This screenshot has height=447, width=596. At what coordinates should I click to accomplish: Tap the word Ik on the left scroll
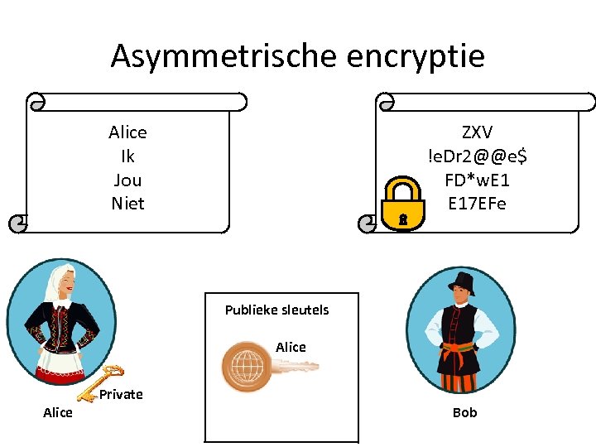click(x=127, y=156)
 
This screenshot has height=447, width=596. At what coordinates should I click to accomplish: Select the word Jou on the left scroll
click(x=127, y=180)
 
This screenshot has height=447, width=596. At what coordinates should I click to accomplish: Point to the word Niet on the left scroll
click(x=127, y=204)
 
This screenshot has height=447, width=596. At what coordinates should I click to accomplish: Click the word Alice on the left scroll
click(x=127, y=132)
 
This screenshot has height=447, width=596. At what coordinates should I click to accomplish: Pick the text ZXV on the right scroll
click(x=477, y=132)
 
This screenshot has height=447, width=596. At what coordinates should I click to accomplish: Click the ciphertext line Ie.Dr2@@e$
click(x=477, y=156)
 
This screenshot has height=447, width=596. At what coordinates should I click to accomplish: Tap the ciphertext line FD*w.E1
click(x=477, y=180)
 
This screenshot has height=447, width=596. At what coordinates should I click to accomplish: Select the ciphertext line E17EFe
click(x=477, y=204)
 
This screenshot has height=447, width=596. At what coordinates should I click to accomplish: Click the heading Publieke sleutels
click(x=276, y=310)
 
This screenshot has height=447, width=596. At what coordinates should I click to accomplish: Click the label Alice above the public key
click(x=291, y=348)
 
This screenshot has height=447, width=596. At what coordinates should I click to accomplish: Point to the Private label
click(x=121, y=395)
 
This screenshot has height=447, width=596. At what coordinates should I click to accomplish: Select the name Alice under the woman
click(x=58, y=412)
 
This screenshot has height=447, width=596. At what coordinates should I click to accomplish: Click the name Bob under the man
click(x=464, y=412)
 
